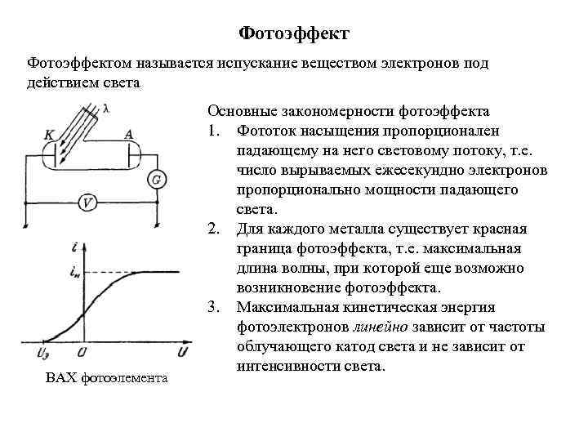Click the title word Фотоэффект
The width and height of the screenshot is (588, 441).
click(294, 33)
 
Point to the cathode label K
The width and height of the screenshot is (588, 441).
click(50, 133)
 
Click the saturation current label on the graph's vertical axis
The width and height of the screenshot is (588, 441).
click(76, 273)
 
